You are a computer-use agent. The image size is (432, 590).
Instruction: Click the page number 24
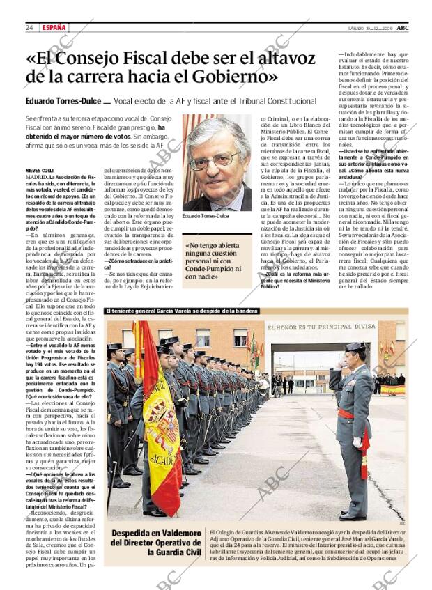(29, 27)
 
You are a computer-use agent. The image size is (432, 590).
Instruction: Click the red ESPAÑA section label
(54, 27)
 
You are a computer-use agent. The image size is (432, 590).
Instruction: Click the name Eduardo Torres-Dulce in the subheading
(62, 102)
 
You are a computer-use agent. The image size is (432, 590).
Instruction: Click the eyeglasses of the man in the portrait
(215, 159)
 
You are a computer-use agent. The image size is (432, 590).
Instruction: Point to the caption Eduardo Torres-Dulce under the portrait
(206, 216)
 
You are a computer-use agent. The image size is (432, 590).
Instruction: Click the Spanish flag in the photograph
(157, 411)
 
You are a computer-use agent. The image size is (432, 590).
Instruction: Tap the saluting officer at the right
(355, 425)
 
